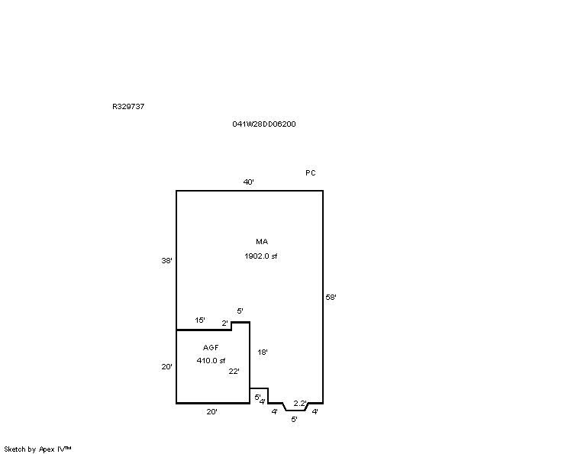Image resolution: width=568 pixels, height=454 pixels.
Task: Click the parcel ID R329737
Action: coord(128,106)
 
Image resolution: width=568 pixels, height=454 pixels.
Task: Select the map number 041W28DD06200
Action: coord(263,124)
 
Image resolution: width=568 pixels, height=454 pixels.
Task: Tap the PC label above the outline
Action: coord(311,173)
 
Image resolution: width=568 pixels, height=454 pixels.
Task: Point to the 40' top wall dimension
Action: coord(249,182)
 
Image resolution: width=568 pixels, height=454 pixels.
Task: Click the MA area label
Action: coord(262,241)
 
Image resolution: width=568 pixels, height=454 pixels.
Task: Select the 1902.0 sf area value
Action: coord(261,256)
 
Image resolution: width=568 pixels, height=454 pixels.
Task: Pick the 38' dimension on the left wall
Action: coord(166,260)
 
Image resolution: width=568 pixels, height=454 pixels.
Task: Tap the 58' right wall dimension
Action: coord(331,298)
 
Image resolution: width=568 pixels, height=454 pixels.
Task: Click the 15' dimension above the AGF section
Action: coord(200,320)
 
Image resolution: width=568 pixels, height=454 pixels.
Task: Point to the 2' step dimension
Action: coord(225,324)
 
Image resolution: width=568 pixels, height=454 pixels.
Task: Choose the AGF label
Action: coord(211,348)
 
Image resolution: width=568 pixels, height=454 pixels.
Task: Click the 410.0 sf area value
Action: coord(211,361)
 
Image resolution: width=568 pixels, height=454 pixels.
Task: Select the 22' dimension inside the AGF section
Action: coord(234,371)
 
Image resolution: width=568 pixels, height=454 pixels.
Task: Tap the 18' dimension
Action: coord(263,352)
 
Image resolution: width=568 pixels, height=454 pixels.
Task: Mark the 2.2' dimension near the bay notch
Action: coord(300,404)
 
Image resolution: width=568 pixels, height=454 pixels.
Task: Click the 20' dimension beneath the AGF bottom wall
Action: coord(212,411)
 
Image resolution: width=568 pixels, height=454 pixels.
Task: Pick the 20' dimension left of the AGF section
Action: coord(166,367)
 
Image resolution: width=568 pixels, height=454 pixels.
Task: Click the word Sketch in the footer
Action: coord(15,449)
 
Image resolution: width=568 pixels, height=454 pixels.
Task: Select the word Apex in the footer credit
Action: coord(47,449)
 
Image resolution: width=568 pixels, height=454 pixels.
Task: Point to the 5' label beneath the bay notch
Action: coord(294,419)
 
